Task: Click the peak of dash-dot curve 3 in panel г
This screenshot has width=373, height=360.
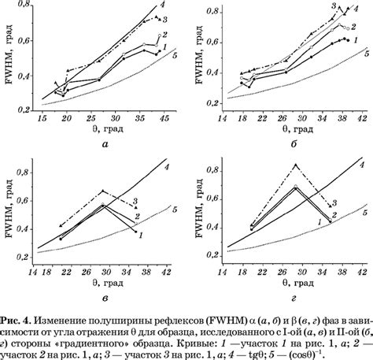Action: click(295, 164)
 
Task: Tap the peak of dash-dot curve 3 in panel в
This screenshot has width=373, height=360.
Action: click(102, 190)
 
